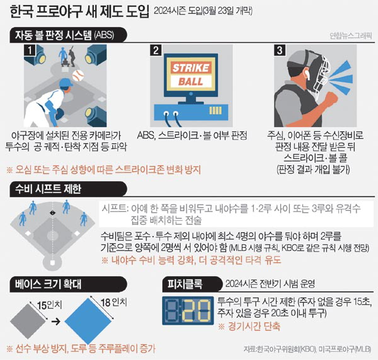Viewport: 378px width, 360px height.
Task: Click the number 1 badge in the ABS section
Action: [x=30, y=50]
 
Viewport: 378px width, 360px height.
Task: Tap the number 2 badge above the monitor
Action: [x=156, y=50]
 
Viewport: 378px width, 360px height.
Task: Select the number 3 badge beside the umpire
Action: [x=280, y=50]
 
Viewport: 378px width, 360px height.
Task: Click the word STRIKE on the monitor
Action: [x=191, y=68]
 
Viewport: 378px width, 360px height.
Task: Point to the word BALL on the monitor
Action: [x=191, y=82]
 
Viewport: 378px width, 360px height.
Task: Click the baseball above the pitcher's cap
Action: [x=78, y=76]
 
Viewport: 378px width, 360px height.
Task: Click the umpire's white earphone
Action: [x=307, y=74]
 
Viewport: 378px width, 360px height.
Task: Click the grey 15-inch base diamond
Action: [x=28, y=321]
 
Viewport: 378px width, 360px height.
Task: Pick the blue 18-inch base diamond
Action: [x=88, y=322]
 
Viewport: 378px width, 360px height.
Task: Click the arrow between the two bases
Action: [x=56, y=321]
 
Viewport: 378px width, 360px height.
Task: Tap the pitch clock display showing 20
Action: [x=188, y=311]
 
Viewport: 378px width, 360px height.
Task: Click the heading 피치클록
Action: [x=185, y=284]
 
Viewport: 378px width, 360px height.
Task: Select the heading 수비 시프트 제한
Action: [x=49, y=189]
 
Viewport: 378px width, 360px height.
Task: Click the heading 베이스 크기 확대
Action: [x=49, y=284]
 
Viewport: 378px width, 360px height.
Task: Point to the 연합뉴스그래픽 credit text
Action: [x=351, y=36]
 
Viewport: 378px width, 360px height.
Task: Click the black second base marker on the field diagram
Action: [x=52, y=213]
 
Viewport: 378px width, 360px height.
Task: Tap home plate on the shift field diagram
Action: [x=52, y=262]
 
